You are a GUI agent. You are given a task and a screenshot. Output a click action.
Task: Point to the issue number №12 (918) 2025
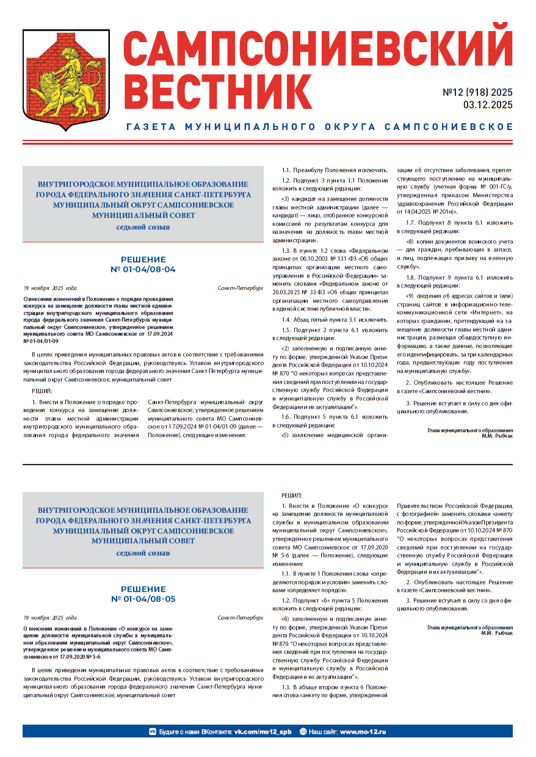click(x=477, y=93)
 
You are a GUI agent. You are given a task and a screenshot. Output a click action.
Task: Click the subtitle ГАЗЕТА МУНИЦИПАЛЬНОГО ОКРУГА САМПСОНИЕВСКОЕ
click(x=319, y=127)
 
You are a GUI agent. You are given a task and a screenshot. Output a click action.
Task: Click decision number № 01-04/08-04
click(x=143, y=269)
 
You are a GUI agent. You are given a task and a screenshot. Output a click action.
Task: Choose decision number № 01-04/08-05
click(x=143, y=599)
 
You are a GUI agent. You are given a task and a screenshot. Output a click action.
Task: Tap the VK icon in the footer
click(x=153, y=731)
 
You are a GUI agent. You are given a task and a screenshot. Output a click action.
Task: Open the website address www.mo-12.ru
click(x=363, y=731)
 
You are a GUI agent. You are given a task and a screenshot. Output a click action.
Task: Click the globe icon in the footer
click(x=303, y=731)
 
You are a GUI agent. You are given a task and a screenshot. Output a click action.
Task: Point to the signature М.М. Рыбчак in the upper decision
click(x=497, y=436)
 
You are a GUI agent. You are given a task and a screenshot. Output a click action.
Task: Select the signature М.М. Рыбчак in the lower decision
click(x=497, y=633)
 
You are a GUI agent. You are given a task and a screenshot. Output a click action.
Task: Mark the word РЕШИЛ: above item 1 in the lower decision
click(x=291, y=495)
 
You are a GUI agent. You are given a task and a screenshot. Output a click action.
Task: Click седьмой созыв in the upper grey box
click(x=143, y=227)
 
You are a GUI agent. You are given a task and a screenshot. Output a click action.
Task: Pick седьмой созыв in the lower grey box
click(x=143, y=553)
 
